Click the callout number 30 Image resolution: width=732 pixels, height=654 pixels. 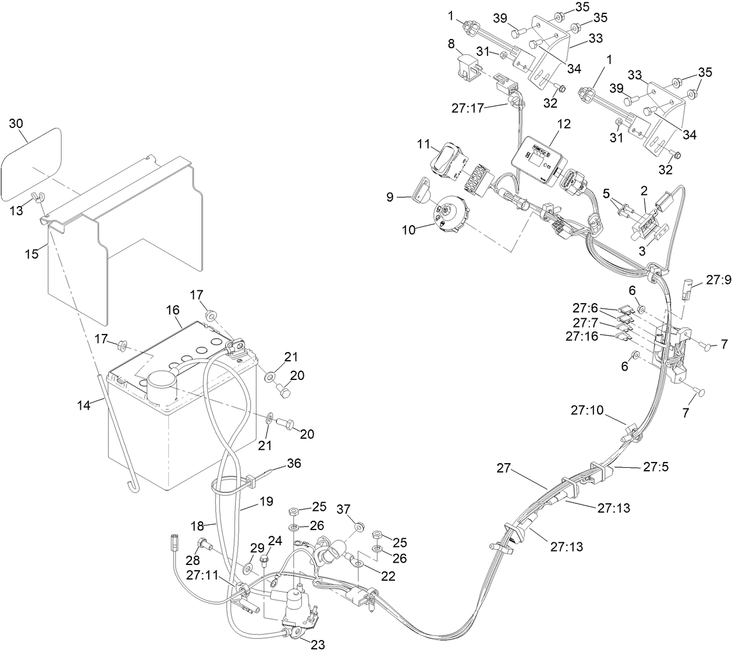pyautogui.click(x=17, y=123)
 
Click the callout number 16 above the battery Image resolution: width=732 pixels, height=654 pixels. pyautogui.click(x=173, y=310)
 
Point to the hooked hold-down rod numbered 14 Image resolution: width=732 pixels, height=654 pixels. pyautogui.click(x=116, y=436)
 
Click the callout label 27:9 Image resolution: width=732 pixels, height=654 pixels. pyautogui.click(x=718, y=280)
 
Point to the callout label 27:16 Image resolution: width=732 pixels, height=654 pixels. pyautogui.click(x=582, y=336)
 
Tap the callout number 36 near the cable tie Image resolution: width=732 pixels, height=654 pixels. pyautogui.click(x=294, y=464)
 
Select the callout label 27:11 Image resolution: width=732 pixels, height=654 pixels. pyautogui.click(x=202, y=575)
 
